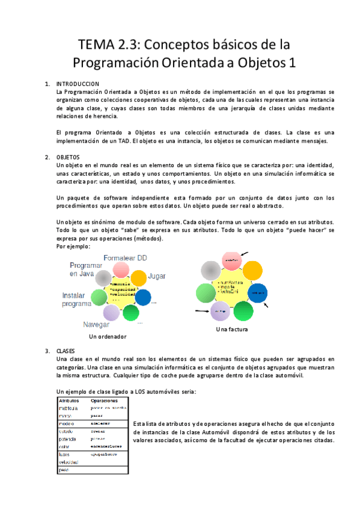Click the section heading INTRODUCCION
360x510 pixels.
coord(78,83)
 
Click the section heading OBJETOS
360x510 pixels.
coord(67,156)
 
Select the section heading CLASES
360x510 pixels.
coord(66,350)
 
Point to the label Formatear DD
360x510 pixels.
coord(125,257)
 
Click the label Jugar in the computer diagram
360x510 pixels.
coord(157,275)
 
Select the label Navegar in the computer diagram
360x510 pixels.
coord(99,324)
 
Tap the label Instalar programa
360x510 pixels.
coord(76,300)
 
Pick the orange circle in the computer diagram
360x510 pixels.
coord(139,278)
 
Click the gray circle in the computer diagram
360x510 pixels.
coord(103,278)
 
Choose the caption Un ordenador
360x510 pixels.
coord(108,337)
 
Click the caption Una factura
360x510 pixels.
coord(232,330)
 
